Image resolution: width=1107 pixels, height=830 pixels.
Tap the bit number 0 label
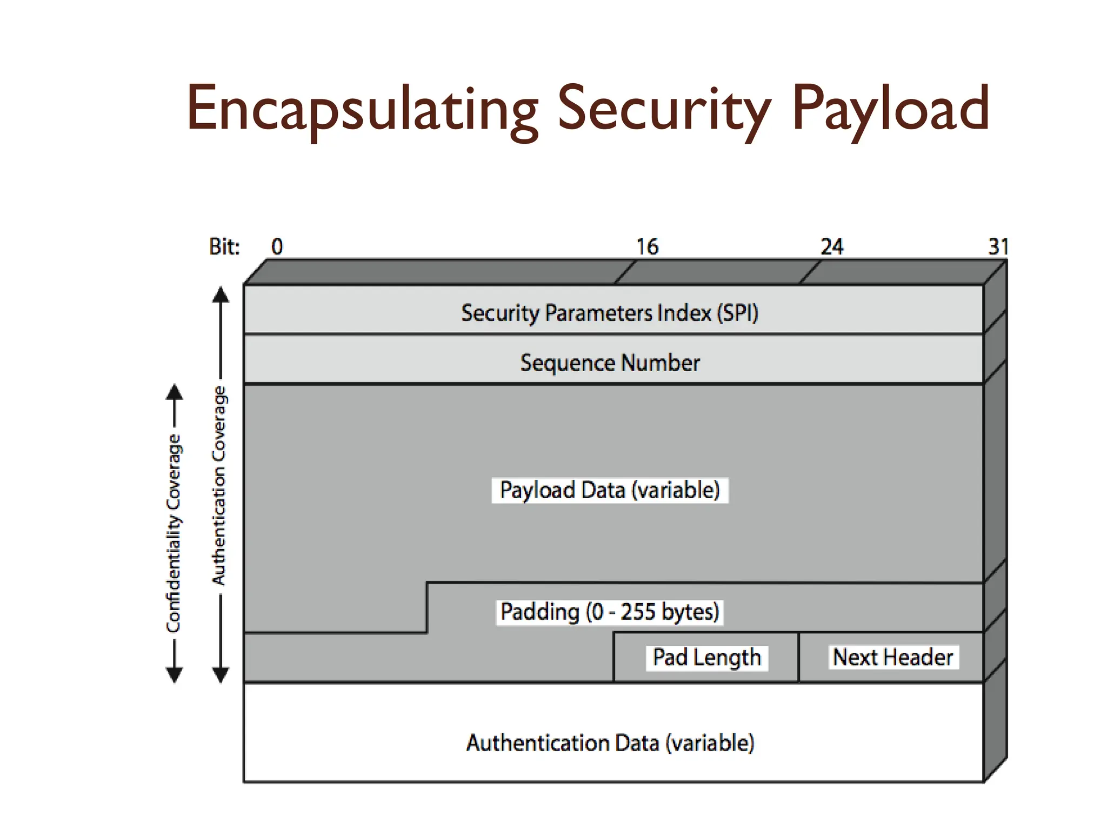277,247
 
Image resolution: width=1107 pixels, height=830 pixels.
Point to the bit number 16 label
647,247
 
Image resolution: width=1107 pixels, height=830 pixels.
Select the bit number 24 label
831,247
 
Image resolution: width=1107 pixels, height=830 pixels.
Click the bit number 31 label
998,247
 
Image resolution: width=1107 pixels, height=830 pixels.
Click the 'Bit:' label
224,247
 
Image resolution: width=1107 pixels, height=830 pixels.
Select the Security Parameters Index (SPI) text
610,313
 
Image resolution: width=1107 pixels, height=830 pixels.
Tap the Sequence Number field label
610,363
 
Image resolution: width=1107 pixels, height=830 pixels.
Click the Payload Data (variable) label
610,490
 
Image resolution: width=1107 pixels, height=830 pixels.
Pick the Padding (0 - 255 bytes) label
610,612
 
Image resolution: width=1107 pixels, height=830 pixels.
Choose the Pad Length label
706,658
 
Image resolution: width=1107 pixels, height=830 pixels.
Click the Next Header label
893,658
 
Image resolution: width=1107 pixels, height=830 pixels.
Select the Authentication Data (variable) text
610,743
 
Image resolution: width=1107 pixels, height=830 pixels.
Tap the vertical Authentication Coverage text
219,485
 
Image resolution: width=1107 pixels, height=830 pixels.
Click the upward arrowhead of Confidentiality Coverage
174,391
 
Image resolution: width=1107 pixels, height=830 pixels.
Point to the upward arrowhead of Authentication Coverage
220,294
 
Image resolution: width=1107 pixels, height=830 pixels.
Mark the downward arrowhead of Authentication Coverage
220,675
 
